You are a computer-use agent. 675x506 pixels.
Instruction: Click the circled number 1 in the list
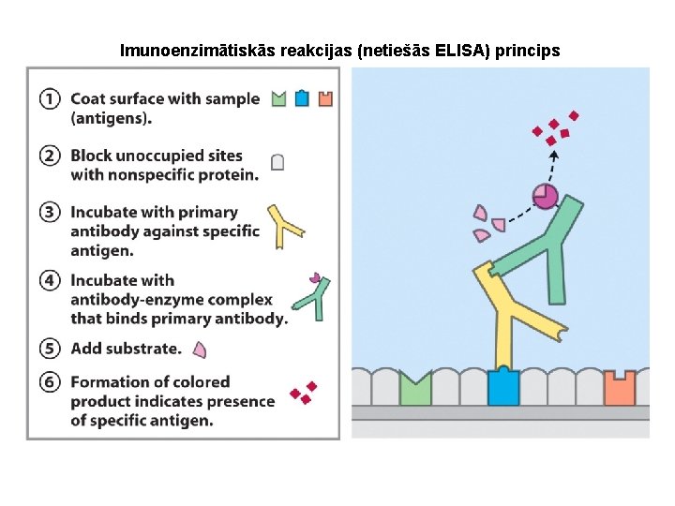(x=51, y=98)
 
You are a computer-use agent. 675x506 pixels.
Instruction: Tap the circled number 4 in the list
(x=51, y=280)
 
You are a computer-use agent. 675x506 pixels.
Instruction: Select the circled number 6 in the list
(x=51, y=382)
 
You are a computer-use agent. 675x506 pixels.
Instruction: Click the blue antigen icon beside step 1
(x=302, y=98)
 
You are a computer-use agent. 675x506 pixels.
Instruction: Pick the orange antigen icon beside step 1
(x=325, y=98)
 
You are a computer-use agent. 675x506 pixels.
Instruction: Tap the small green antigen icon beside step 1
(x=278, y=98)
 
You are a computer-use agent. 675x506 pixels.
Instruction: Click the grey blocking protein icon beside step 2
(x=277, y=162)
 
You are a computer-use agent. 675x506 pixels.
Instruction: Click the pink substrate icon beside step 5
(x=199, y=350)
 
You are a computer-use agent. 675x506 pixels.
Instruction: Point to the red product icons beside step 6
(x=302, y=393)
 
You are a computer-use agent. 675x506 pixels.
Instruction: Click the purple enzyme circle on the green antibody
(x=545, y=196)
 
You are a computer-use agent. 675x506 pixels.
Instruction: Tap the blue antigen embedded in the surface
(x=502, y=387)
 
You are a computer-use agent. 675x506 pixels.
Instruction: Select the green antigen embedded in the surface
(x=414, y=389)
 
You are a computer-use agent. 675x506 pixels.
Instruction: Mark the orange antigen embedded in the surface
(x=619, y=388)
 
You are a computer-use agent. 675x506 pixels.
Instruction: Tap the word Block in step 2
(x=92, y=156)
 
